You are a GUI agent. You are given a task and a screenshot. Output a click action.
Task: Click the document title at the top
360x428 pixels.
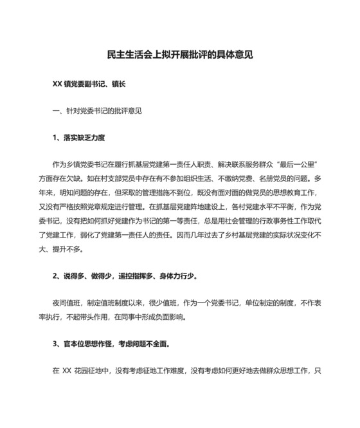179,55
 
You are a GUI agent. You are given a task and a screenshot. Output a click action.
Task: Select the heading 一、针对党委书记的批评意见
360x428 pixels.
97,110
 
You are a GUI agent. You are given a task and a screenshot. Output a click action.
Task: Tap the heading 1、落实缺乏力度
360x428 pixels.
78,138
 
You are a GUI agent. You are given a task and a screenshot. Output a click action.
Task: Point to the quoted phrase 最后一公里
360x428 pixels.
305,165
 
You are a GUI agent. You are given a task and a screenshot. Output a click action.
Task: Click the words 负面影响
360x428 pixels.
167,317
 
